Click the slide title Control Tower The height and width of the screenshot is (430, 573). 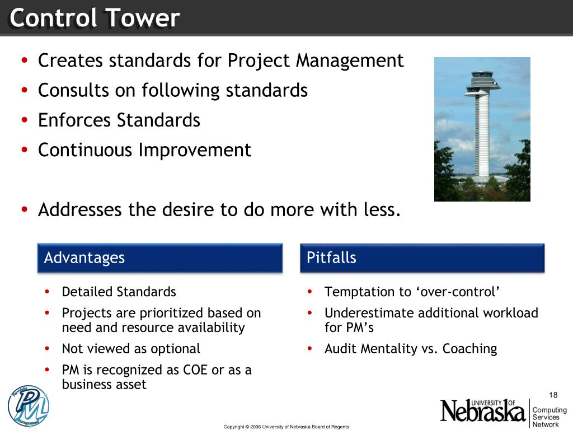click(94, 18)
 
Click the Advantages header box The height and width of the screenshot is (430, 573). click(159, 258)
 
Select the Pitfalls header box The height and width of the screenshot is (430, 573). click(422, 258)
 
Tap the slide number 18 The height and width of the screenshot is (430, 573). click(554, 395)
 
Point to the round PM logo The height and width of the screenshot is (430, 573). click(29, 406)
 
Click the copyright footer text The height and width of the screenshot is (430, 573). click(286, 427)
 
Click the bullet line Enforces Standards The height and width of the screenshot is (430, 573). click(119, 120)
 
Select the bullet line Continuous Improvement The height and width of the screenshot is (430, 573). click(144, 150)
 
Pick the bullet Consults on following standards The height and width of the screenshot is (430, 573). click(172, 90)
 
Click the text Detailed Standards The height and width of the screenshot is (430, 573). click(119, 292)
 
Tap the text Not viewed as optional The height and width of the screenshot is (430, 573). click(130, 349)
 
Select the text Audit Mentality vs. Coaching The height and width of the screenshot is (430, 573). click(410, 349)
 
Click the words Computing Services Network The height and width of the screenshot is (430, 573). click(549, 417)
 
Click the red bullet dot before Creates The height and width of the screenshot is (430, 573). click(24, 60)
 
